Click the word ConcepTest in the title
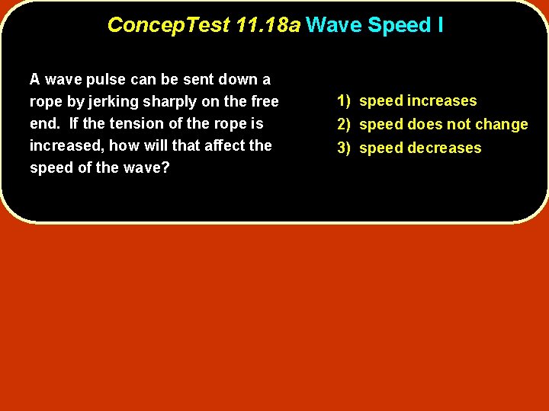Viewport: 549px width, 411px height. click(x=169, y=25)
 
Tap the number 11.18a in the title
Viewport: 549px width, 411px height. click(x=268, y=25)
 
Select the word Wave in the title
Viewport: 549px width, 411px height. click(x=334, y=25)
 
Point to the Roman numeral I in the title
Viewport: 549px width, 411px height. click(x=440, y=25)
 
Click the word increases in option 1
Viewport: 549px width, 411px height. click(x=441, y=100)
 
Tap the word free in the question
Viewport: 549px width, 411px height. click(x=265, y=101)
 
